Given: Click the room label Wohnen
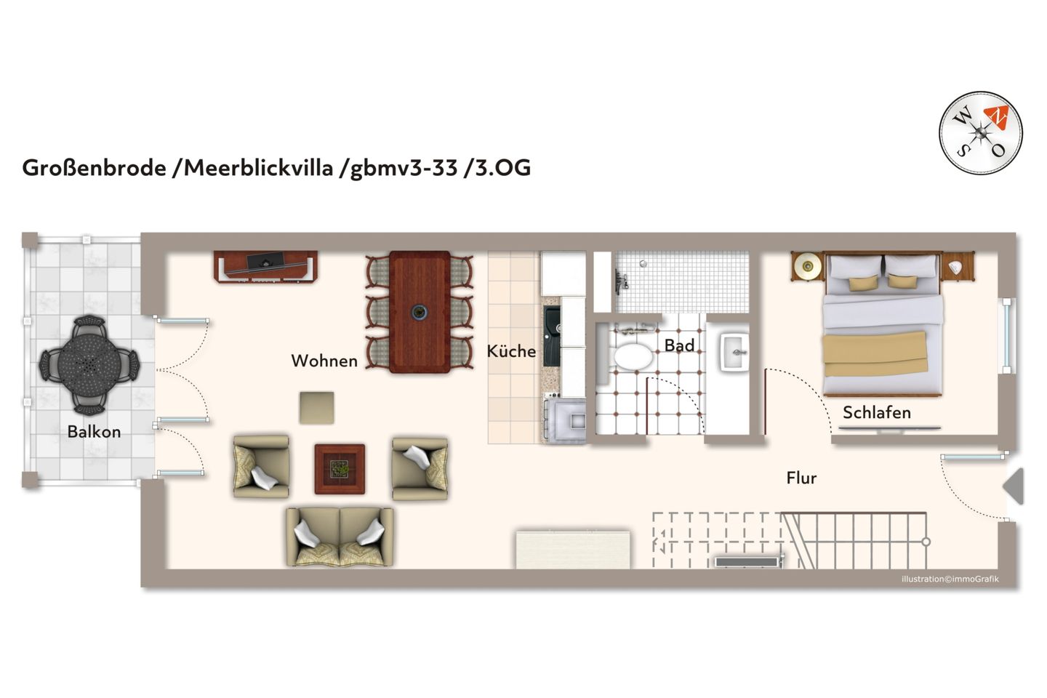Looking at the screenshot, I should pos(324,361).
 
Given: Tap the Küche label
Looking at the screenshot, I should pos(511,351).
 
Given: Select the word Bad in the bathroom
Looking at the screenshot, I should pos(679,345).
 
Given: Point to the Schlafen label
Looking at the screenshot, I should pos(876,413).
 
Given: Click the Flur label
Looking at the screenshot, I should pos(801,478).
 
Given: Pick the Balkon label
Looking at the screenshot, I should pos(94,432).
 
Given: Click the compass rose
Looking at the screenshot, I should pos(980,133).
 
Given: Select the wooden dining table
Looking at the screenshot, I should pos(420,311).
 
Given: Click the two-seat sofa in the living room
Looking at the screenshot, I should pos(340,537).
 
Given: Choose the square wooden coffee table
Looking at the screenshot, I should pos(340,469).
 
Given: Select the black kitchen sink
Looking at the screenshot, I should pos(552,336).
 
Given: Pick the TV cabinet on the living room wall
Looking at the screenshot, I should pos(265,266).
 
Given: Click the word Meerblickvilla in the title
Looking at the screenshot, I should pos(258,168).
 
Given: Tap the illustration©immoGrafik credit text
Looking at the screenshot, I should pos(950,579).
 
